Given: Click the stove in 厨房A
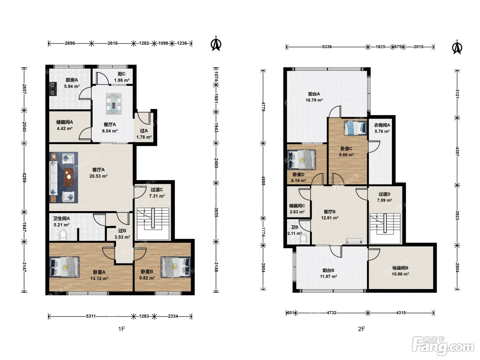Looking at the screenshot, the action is [x=53, y=89].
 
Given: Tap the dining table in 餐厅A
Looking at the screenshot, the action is [x=114, y=104].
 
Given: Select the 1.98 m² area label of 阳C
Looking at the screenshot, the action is [x=122, y=80].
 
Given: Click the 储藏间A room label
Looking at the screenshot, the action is [x=64, y=122].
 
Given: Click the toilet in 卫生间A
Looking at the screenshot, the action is [x=63, y=236].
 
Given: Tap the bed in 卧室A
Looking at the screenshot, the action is [x=64, y=267].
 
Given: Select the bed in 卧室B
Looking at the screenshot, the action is [x=176, y=267].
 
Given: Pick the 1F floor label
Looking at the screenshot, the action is [x=122, y=329].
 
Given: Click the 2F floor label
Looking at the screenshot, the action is [x=361, y=329].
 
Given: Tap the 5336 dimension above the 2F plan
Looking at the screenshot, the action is [x=327, y=47].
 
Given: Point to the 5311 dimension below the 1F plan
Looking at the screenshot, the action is [x=91, y=316].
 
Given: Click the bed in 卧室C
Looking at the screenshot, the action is [x=355, y=128].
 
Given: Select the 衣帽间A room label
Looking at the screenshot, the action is [x=382, y=125].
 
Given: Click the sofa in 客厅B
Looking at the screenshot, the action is [x=354, y=241].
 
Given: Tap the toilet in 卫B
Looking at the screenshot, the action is [x=303, y=239].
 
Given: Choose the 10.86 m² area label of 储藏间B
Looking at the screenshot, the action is [x=400, y=274].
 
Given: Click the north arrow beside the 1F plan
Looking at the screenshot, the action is [x=216, y=44].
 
